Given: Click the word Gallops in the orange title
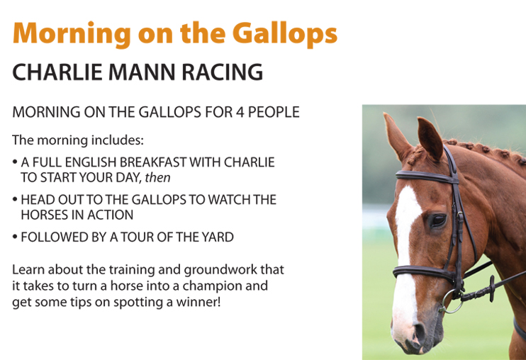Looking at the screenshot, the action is (x=285, y=35).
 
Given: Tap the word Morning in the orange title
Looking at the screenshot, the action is (x=72, y=35).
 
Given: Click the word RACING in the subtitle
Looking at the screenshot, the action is (x=222, y=72).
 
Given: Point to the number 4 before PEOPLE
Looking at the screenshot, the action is (x=240, y=112).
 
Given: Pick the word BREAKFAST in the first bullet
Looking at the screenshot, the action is (x=153, y=162).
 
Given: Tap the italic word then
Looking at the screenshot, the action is (x=157, y=178).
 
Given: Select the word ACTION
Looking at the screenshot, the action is (x=112, y=215).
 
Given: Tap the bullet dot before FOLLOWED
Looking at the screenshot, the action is (x=15, y=237).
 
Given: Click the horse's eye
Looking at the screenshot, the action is (x=438, y=220).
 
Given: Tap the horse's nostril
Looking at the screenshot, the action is (x=419, y=331).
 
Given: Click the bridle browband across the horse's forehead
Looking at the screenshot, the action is (x=427, y=177).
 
